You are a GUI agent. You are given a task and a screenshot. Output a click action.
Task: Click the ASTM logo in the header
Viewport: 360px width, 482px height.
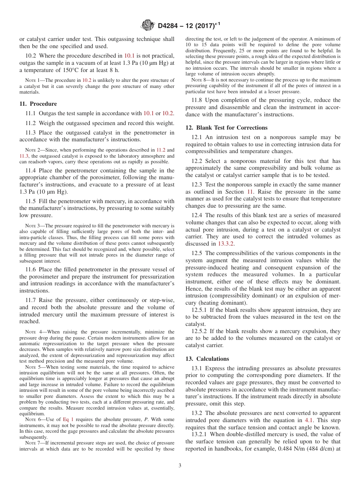147,26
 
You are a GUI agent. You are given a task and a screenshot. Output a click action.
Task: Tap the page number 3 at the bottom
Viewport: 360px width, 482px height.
180,466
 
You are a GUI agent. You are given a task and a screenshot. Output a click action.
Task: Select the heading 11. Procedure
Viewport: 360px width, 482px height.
38,104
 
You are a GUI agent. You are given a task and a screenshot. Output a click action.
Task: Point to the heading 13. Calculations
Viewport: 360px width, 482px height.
207,359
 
